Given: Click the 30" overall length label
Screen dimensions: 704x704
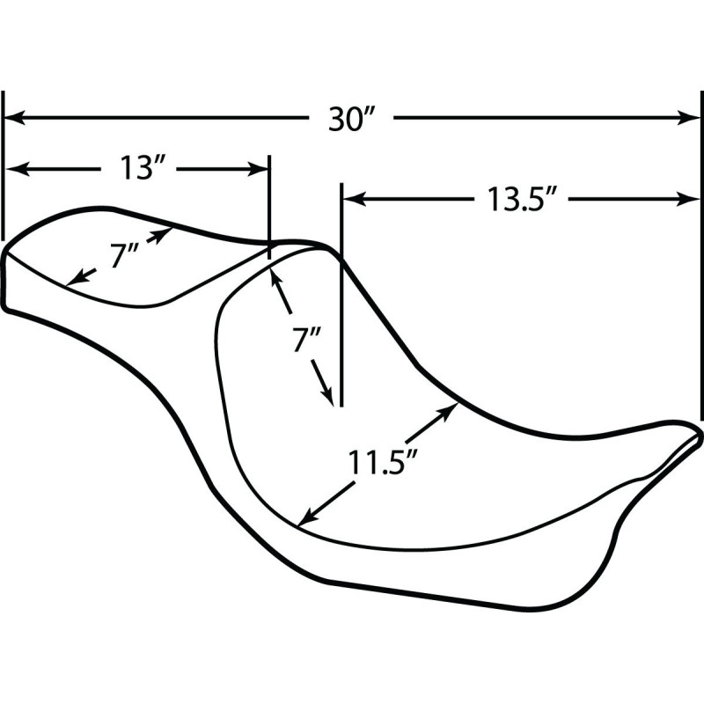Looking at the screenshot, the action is coord(350,119).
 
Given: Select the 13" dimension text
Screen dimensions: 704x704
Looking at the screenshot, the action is coord(137,168).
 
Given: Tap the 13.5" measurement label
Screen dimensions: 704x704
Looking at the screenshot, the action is coord(522,198).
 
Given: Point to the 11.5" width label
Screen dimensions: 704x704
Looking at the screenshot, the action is coord(384,462).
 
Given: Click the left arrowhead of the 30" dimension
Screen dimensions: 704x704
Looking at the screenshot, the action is coord(13,119).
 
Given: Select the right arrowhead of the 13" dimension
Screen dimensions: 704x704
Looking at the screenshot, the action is coord(259,169).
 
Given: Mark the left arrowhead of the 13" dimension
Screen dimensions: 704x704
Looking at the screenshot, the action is coord(14,169).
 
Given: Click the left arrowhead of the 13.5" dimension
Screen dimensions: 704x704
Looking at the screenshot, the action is coord(354,199).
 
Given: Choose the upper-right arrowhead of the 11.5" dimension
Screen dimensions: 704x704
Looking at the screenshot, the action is coord(450,410).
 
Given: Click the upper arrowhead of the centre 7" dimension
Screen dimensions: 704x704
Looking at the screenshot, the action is coord(274,277).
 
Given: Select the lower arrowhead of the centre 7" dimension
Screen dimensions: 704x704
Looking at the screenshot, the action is coord(327,395).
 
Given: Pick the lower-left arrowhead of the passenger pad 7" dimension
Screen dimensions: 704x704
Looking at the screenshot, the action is coord(75,280).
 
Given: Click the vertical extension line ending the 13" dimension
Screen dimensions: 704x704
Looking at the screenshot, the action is coord(269,207).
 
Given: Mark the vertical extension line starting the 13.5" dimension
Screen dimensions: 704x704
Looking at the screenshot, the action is coord(341,295).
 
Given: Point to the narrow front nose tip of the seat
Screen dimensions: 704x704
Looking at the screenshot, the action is coord(697,434).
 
